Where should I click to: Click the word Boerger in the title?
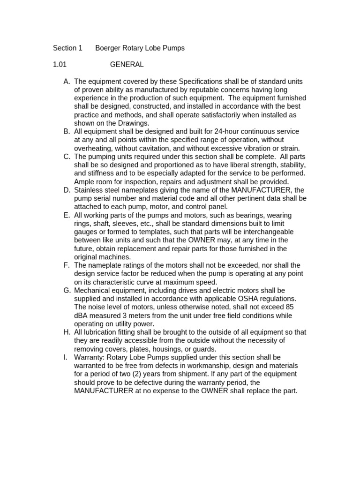click(109, 48)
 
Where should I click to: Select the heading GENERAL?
click(127, 64)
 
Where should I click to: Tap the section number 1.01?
click(60, 64)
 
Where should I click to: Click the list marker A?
click(67, 81)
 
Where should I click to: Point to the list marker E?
click(67, 215)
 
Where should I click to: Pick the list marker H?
click(67, 332)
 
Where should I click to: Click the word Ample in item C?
click(84, 181)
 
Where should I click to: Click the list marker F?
click(67, 265)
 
